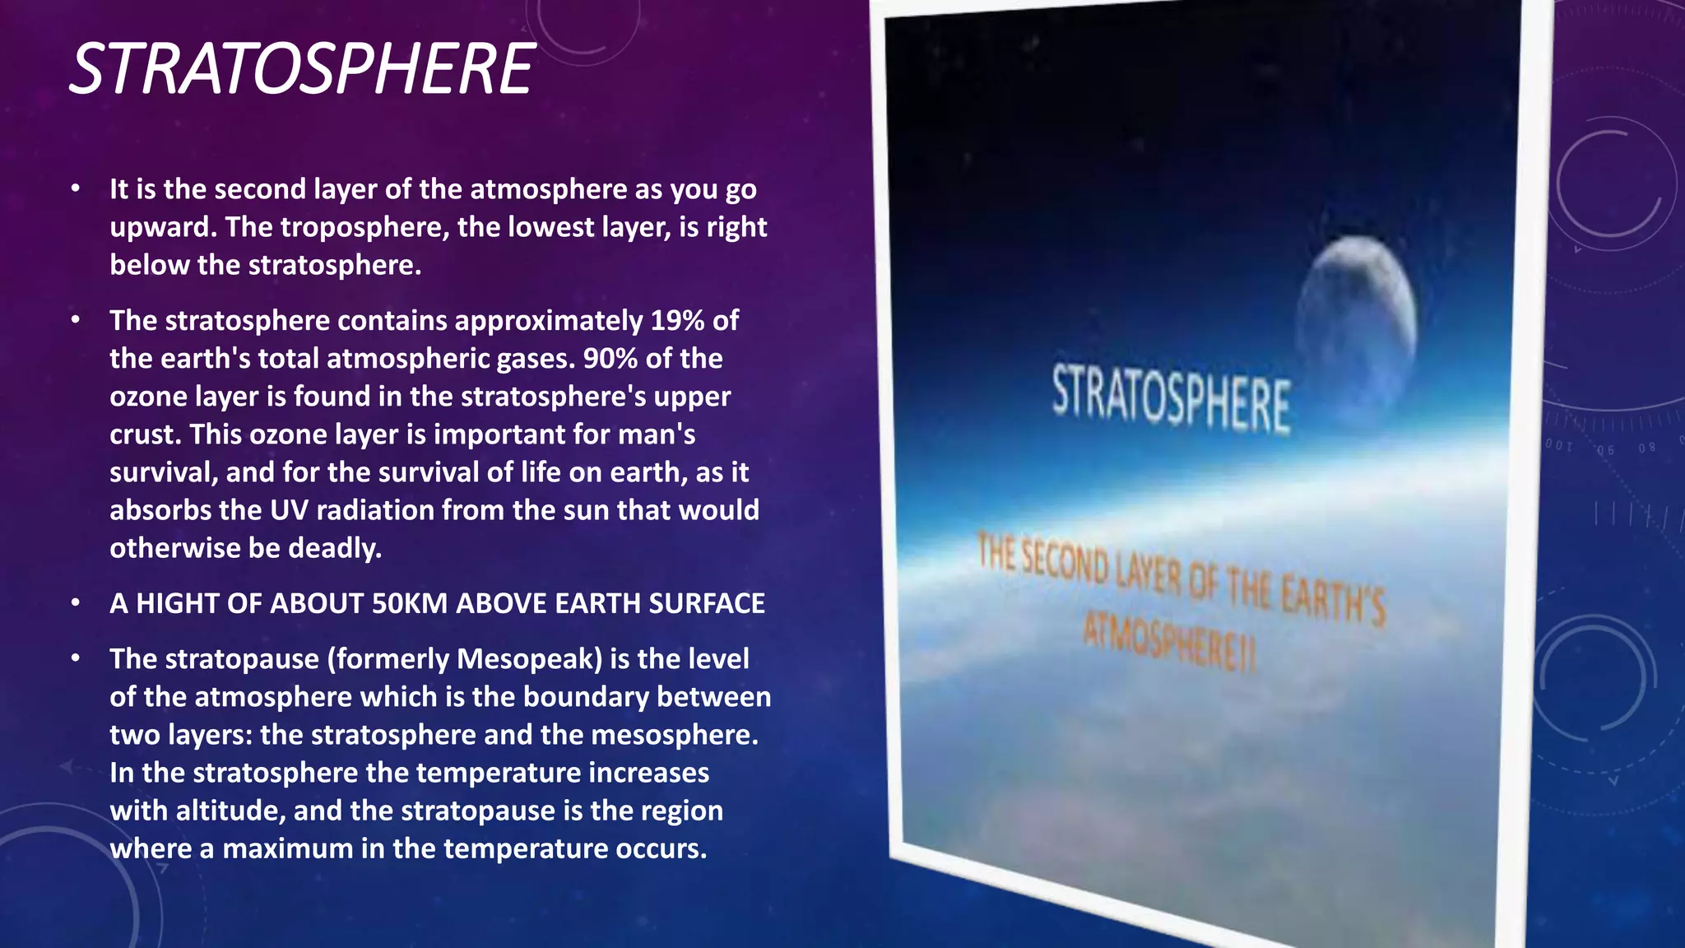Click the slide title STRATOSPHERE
click(302, 69)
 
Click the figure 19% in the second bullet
click(677, 320)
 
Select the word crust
click(142, 434)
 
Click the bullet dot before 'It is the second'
click(76, 188)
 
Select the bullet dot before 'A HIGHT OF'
click(76, 603)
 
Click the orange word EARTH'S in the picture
click(1333, 599)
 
